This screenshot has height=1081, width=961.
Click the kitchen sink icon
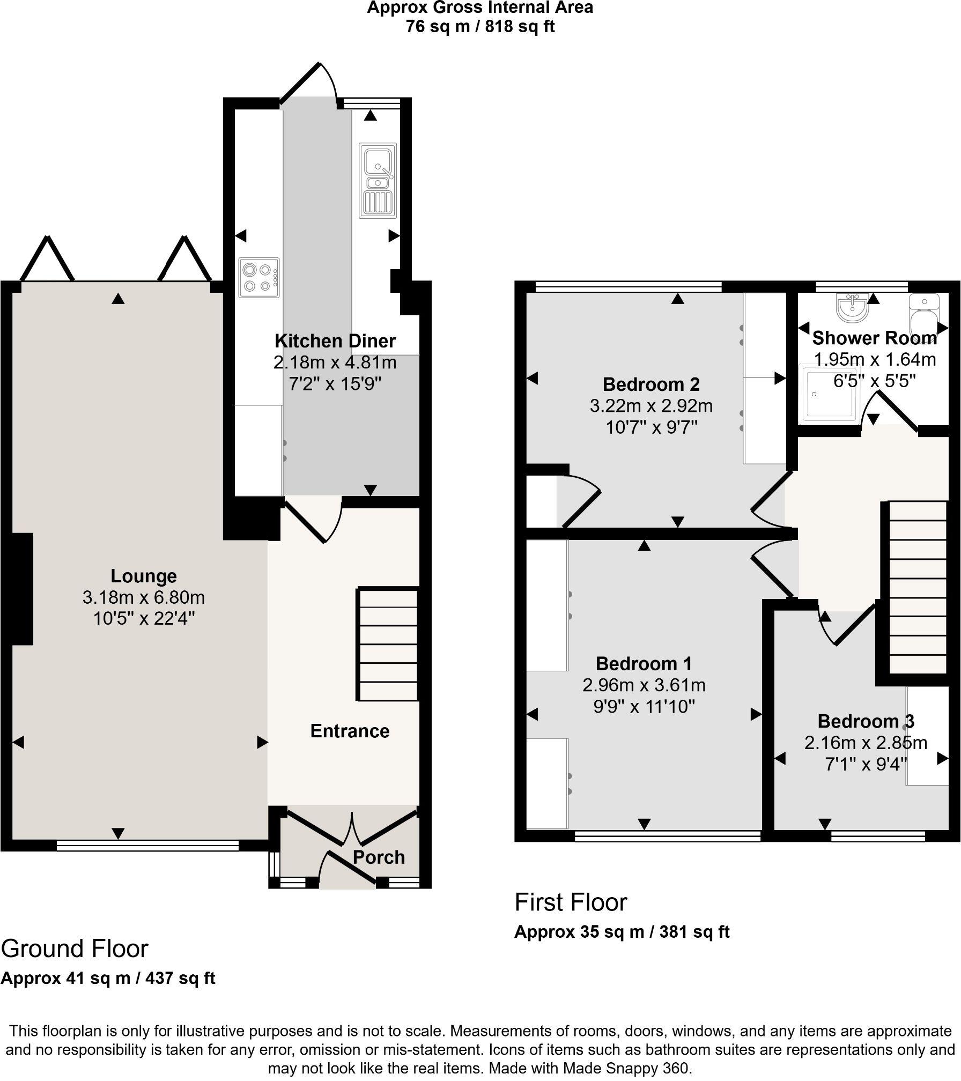pos(378,180)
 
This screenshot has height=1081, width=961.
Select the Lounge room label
pos(144,576)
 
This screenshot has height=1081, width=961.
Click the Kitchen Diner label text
pos(335,341)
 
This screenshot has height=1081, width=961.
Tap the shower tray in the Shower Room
pos(824,394)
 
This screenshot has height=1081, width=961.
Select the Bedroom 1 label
pos(644,664)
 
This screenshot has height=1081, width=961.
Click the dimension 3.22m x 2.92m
pos(651,406)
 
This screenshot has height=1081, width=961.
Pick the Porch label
pos(379,857)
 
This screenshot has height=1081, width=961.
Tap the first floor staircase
pos(918,587)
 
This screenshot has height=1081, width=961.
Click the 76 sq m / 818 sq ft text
pos(480,26)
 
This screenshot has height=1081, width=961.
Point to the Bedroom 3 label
pos(865,721)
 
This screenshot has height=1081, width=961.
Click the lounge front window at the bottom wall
pos(147,846)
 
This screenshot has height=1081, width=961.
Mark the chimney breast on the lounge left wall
pos(21,589)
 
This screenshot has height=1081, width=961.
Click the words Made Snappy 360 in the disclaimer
pos(625,1068)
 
